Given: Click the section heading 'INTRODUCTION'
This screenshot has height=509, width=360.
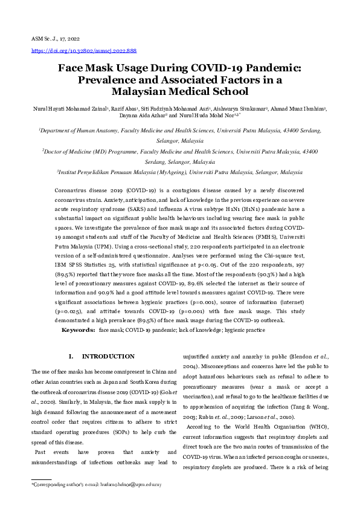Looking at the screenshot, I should pyautogui.click(x=108, y=357).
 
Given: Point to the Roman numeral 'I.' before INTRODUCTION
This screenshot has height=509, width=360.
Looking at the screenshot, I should pyautogui.click(x=71, y=357).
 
